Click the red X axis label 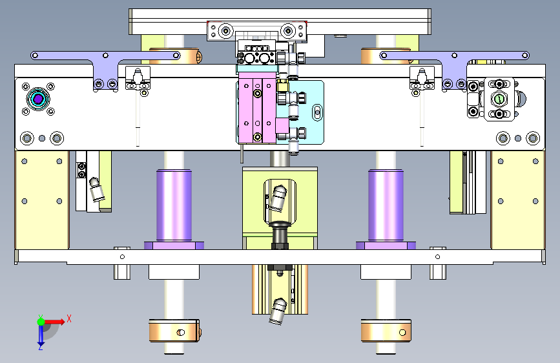tap(69, 318)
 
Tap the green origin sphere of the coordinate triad tap(41, 322)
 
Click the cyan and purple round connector tap(38, 99)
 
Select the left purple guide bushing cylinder tap(174, 205)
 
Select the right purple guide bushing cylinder tap(386, 205)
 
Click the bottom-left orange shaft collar tap(174, 331)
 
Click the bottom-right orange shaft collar tap(386, 331)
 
